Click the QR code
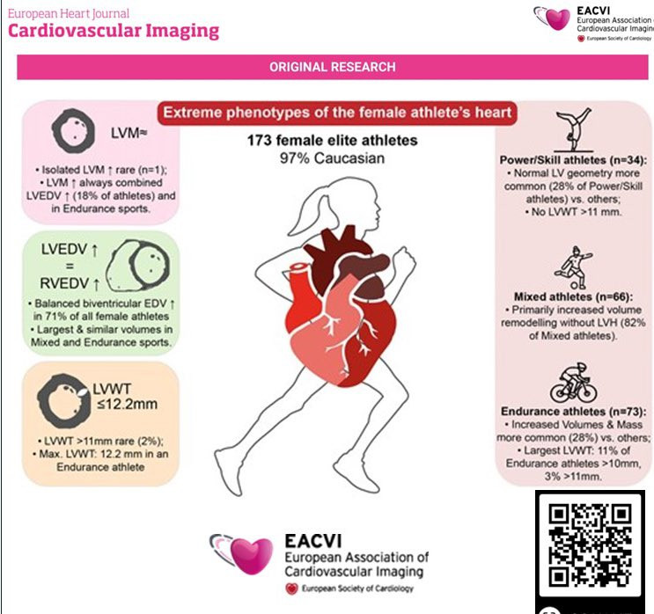[590, 545]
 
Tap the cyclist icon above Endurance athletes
[574, 383]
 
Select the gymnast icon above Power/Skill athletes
[574, 129]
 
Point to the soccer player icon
[574, 267]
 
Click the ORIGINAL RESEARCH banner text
[333, 67]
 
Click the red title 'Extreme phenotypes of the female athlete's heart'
[337, 113]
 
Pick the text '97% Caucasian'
[332, 158]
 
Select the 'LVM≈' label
[129, 133]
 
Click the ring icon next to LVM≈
[73, 130]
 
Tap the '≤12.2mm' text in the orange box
[128, 404]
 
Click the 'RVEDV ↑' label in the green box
[70, 283]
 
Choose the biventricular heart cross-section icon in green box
[137, 266]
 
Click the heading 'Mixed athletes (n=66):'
[574, 296]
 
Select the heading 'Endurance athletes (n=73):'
[574, 412]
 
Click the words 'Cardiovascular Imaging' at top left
[114, 31]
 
